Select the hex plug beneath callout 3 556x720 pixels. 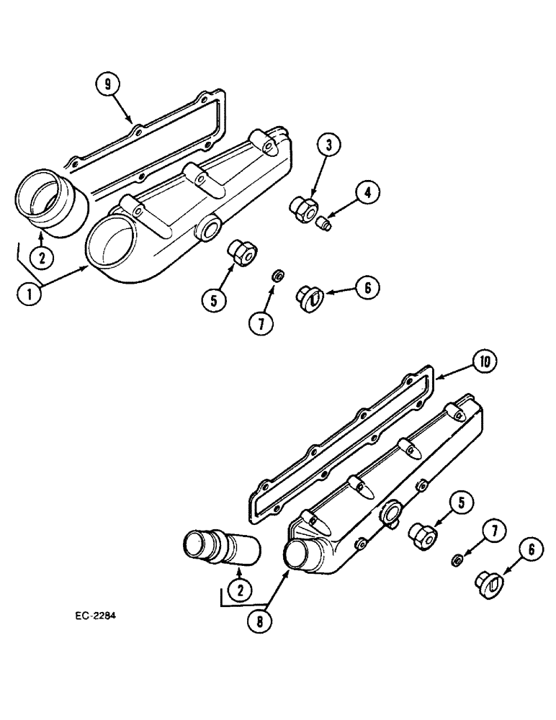(x=300, y=207)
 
